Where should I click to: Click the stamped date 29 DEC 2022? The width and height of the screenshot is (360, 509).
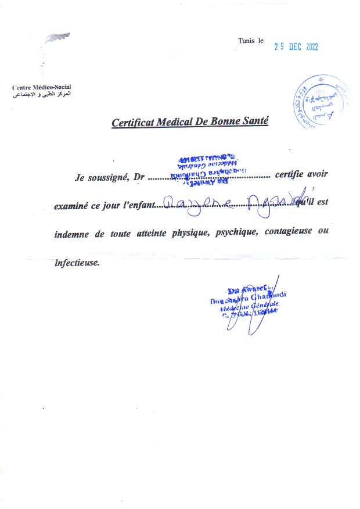(296, 48)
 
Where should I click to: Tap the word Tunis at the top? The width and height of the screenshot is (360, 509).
(246, 41)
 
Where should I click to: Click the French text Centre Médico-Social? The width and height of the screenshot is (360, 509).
(42, 87)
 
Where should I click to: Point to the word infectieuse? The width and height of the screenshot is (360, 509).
(77, 262)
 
